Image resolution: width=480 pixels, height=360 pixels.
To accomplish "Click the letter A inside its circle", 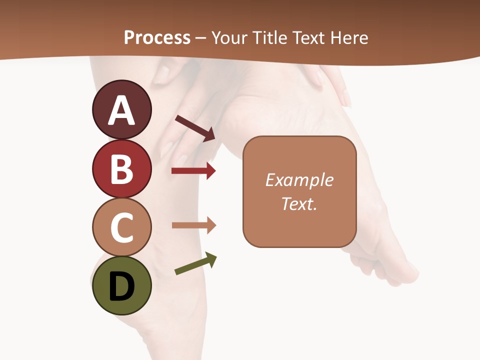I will [x=121, y=111].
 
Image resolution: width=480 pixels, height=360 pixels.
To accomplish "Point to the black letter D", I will [x=121, y=286].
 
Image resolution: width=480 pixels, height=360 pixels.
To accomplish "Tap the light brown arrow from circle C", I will [x=193, y=225].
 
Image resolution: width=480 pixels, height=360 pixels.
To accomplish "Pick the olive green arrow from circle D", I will [x=195, y=264].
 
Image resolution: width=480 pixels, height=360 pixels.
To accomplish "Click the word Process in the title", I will [x=157, y=37].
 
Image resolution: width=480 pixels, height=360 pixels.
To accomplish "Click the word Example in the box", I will [x=299, y=180].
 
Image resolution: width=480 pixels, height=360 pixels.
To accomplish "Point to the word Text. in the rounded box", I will [x=299, y=204].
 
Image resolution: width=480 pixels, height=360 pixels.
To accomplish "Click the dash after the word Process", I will [x=201, y=38].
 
